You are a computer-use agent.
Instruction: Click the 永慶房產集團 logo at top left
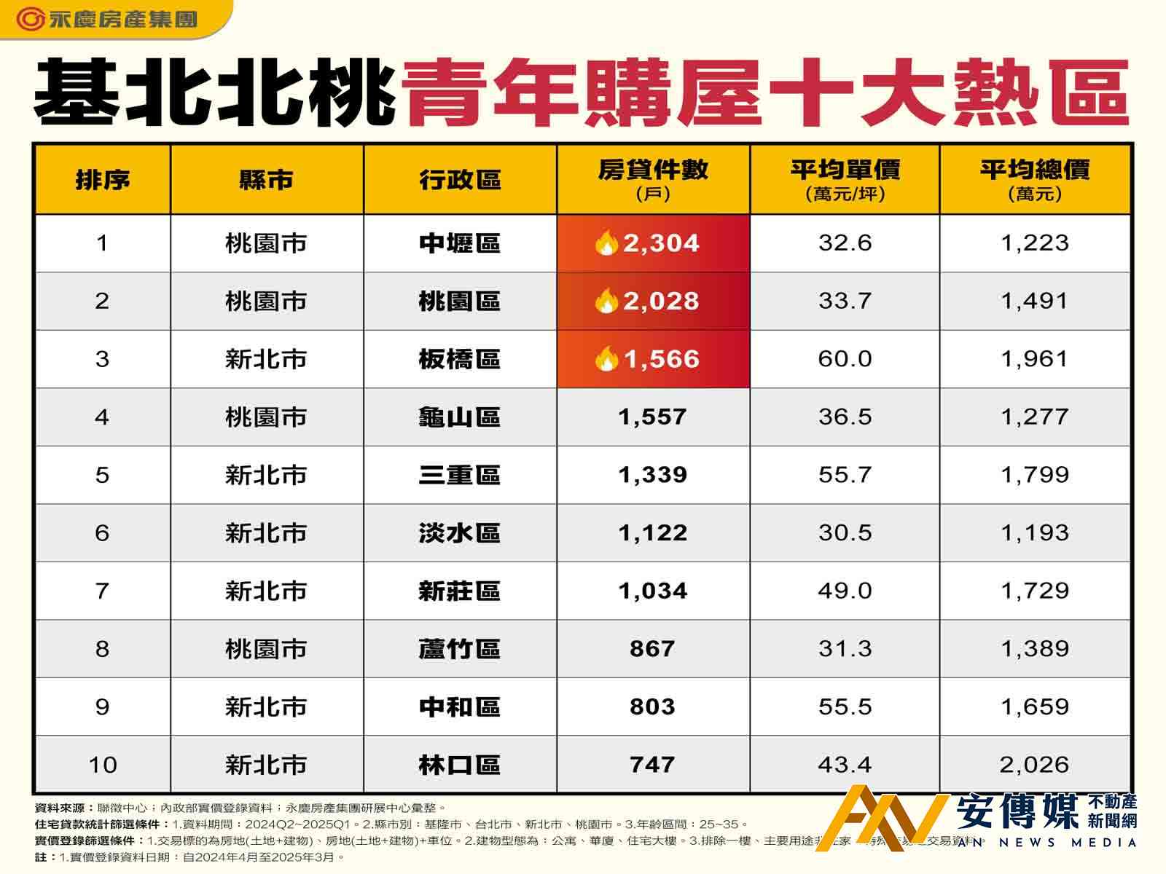pos(106,19)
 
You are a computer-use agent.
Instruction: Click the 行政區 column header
pos(460,180)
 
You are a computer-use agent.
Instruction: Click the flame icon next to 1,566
pos(606,359)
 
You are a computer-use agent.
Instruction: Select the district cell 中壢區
pos(460,243)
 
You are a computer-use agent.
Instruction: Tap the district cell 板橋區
pos(460,359)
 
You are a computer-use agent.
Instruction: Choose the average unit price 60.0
pos(845,359)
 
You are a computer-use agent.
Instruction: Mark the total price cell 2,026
pos(1034,765)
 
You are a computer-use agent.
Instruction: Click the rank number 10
pos(102,765)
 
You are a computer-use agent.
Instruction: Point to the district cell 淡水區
pos(460,533)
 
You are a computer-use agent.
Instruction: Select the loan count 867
pos(652,649)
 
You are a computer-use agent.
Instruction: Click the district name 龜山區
pos(460,417)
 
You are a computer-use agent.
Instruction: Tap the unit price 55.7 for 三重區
pos(845,475)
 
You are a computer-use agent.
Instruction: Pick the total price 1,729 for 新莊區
pos(1034,591)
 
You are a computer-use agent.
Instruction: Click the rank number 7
pos(102,591)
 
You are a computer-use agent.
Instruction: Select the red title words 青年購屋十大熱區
pos(765,95)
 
